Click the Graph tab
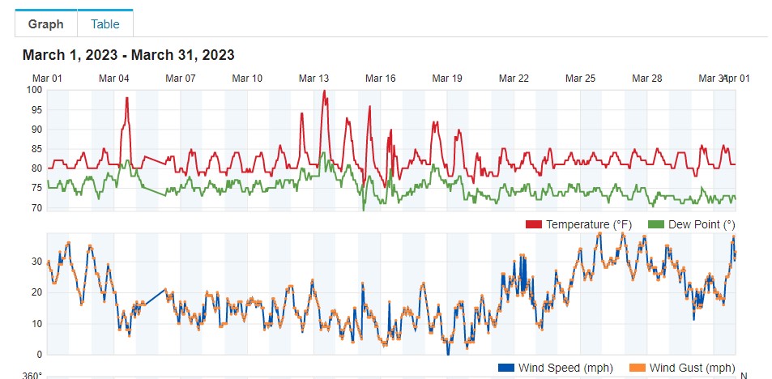(x=45, y=23)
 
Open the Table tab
(x=105, y=23)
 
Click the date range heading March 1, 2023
(x=129, y=55)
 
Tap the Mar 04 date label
(x=113, y=79)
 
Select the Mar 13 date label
(x=313, y=79)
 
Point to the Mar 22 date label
(x=514, y=79)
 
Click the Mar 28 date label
(x=646, y=79)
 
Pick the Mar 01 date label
(x=47, y=79)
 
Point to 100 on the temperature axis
(x=34, y=90)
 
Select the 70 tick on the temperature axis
(x=36, y=208)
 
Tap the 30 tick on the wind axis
(x=36, y=262)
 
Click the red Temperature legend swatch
(x=534, y=224)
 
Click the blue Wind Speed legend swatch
(x=506, y=368)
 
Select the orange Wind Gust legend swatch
(x=638, y=368)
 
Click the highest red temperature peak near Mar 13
(x=324, y=92)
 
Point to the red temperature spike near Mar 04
(x=127, y=99)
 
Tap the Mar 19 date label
(x=447, y=79)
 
